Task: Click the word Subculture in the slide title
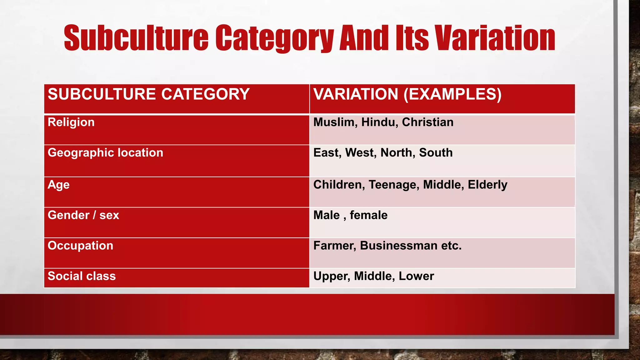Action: pos(136,38)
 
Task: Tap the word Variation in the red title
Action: pos(495,38)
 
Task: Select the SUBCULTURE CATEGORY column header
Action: pos(148,94)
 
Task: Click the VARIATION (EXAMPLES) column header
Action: pos(407,94)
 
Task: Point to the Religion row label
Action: pos(71,122)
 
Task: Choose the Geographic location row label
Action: pos(105,153)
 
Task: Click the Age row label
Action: pos(58,185)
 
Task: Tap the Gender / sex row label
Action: pos(83,215)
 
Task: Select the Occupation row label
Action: pos(80,246)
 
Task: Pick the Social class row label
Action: pos(82,276)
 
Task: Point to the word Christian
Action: pos(427,122)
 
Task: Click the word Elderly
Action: pos(487,185)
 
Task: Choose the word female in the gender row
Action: pos(368,215)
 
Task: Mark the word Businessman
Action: pos(398,246)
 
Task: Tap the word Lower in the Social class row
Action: pos(416,276)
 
